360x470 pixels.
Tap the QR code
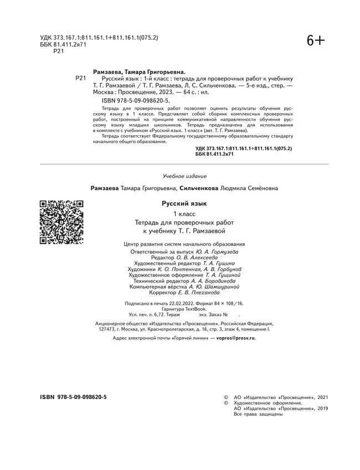(61, 222)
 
